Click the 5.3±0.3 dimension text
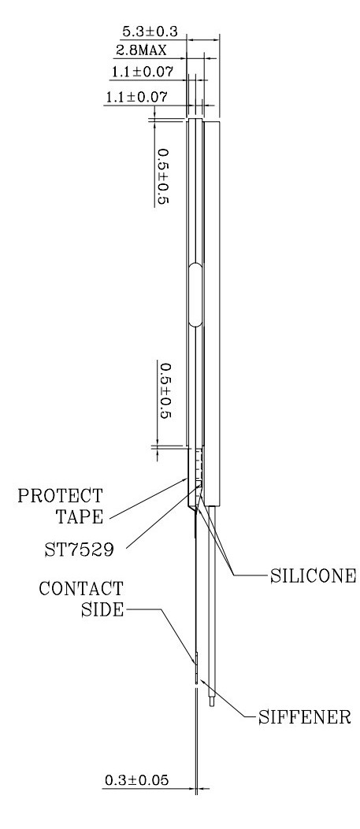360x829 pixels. coord(150,31)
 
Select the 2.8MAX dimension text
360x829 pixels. coord(141,50)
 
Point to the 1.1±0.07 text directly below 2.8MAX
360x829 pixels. coord(142,71)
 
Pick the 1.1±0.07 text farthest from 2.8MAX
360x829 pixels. coord(137,98)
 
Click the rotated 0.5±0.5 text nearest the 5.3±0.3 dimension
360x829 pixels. coord(165,177)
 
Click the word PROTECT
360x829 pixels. coord(61,496)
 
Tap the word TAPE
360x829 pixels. coord(80,516)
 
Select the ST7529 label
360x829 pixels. coord(78,550)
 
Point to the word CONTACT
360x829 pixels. coord(81,588)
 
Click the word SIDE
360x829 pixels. coord(102,609)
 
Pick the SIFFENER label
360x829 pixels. coord(305,717)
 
